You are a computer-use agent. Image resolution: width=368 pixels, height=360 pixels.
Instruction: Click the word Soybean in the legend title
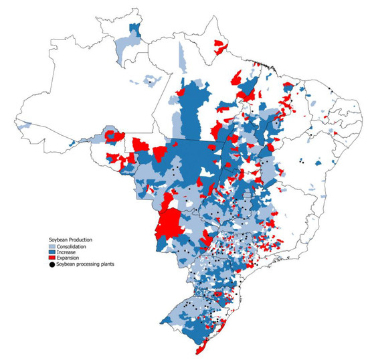57,239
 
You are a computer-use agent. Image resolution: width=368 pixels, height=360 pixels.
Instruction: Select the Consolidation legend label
74,246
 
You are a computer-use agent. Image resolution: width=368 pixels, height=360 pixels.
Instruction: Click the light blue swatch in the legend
52,246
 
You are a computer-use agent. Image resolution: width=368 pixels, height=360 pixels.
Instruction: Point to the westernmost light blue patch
24,124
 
